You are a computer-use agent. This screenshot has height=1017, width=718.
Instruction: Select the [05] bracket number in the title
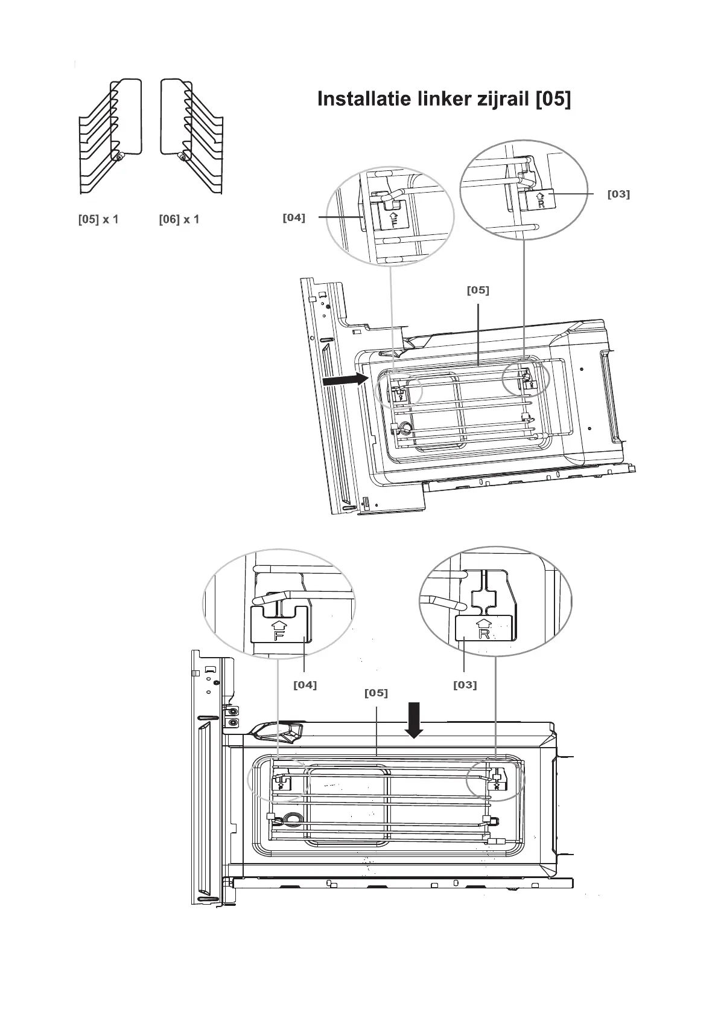[553, 99]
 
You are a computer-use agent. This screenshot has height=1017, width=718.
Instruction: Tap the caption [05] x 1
[98, 219]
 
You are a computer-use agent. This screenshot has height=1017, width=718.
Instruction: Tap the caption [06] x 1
[179, 219]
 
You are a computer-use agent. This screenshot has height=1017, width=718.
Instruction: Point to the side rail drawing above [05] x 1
[110, 136]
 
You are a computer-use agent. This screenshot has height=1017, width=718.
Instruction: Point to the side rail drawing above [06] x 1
[192, 136]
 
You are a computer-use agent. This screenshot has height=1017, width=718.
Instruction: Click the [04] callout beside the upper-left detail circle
[294, 217]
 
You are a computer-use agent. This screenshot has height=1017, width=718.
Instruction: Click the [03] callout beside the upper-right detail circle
[618, 194]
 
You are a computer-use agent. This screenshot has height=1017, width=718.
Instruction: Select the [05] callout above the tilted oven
[478, 290]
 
